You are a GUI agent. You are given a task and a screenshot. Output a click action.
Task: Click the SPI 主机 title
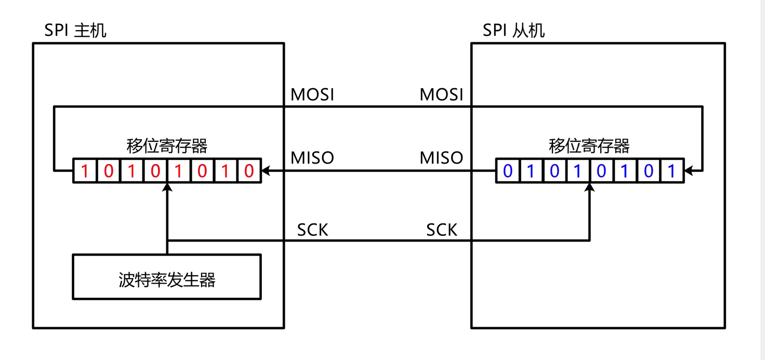pos(75,31)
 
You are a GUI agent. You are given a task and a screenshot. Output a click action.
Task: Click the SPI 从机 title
pos(513,31)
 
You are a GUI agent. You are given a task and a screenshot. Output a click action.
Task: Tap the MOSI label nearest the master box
pos(312,95)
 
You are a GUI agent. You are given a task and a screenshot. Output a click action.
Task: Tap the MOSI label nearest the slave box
pos(441,95)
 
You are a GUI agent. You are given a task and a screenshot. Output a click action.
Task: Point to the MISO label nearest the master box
pos(312,158)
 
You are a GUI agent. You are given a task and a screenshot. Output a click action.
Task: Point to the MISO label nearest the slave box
pos(441,158)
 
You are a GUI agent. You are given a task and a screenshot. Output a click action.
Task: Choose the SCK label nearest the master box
pos(312,230)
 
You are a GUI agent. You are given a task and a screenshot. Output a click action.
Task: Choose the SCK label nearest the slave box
pos(442,230)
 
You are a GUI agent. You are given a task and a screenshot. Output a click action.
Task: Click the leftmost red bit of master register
pos(85,171)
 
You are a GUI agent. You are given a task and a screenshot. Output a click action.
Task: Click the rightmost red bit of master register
pos(249,171)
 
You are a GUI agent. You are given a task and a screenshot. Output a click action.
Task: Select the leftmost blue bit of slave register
pos(508,171)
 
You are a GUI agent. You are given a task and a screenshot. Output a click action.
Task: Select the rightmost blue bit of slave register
pos(671,171)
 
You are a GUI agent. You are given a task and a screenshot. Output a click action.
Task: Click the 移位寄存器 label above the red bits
pos(167,146)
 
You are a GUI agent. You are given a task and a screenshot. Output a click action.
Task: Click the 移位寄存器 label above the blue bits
pos(589,146)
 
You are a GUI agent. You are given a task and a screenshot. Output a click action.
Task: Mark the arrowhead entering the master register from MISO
pos(266,170)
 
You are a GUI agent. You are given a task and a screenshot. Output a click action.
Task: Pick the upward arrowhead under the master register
pos(167,188)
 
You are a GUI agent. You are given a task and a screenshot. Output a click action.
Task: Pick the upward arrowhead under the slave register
pos(589,188)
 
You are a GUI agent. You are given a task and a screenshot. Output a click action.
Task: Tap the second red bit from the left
pos(109,171)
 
